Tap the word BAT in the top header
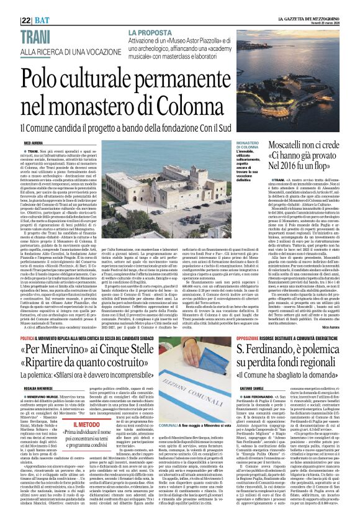point(27,6)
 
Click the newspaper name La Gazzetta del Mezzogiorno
point(313,4)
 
